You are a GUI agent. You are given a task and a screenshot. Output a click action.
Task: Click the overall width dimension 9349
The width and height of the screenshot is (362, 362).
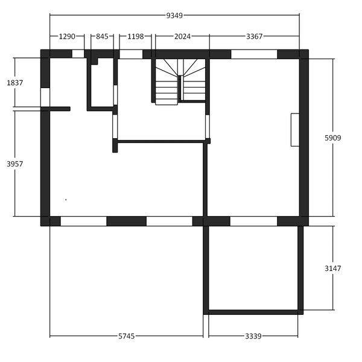coord(174,16)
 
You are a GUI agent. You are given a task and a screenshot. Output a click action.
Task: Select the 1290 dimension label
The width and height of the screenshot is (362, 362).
coord(67,36)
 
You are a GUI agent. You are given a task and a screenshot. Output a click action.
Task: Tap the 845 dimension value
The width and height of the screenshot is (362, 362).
coord(102,36)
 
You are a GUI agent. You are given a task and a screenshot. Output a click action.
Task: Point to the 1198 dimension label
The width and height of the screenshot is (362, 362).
coord(136,36)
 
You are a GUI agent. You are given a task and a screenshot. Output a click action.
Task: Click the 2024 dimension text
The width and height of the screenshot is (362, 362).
coord(182,36)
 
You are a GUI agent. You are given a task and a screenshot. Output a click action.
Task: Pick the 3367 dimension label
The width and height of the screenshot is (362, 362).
coord(254,36)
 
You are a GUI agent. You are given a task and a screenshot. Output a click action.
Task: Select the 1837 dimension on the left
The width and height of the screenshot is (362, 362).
coord(14,83)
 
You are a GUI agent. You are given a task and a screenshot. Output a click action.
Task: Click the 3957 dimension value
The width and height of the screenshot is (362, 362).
coord(14,164)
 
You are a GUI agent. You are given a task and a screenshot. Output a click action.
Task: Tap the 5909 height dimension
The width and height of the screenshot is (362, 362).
coord(332,138)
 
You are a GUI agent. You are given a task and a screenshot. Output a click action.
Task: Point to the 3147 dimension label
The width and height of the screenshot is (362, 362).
coord(332,268)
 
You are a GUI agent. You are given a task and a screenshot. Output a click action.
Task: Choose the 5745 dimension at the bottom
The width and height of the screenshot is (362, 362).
coord(126,336)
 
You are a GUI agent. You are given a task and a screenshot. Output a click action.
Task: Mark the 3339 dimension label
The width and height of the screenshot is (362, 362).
coord(253,336)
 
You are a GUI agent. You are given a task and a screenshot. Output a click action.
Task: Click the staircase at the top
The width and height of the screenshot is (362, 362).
coord(180,81)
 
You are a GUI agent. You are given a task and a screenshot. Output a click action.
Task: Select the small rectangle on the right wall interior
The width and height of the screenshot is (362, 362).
coord(295,130)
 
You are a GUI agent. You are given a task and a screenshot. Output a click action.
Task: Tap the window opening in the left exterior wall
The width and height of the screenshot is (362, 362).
coord(45,97)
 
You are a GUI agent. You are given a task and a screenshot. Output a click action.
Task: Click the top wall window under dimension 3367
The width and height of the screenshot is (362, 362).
coord(254,54)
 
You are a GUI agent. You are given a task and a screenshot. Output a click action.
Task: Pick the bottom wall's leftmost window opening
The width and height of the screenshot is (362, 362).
coord(83,221)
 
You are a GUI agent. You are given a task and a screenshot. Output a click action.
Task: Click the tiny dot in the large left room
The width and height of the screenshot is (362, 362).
coord(66,200)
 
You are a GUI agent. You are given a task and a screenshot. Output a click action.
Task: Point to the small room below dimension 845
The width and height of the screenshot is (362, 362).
coord(102,83)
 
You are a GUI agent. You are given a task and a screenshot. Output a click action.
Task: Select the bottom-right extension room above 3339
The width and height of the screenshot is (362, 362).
coord(253,268)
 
